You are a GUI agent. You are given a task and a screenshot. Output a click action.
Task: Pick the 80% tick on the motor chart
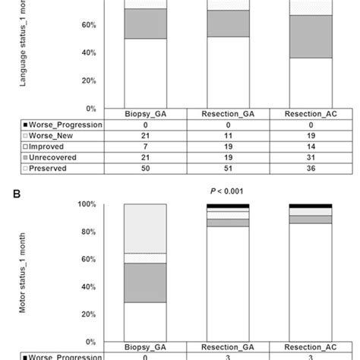87,232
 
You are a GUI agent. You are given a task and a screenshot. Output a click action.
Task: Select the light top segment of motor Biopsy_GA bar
146,229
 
